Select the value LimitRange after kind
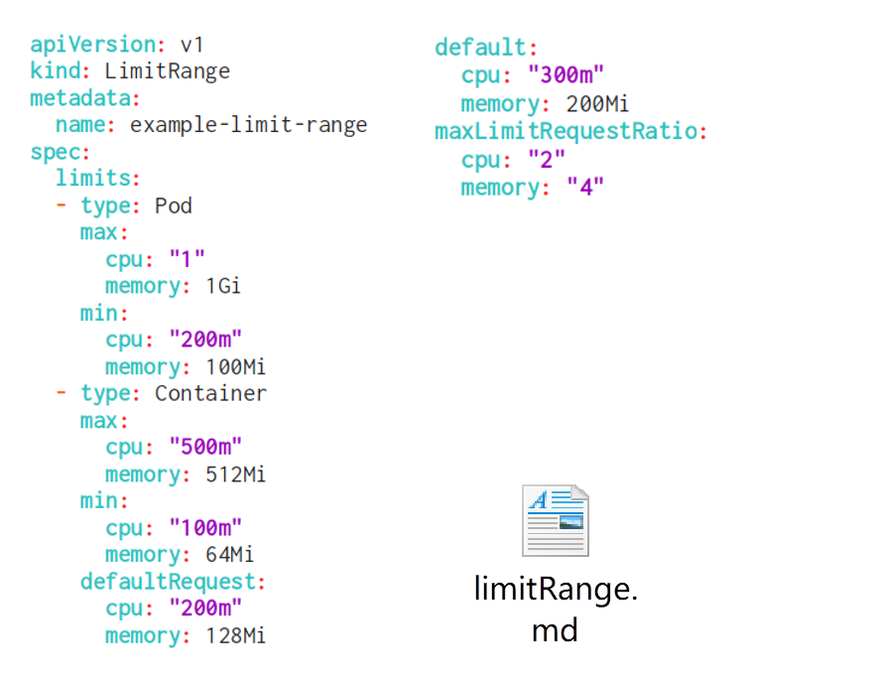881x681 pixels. pyautogui.click(x=167, y=71)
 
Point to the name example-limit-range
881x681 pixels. pyautogui.click(x=248, y=125)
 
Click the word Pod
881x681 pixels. pyautogui.click(x=174, y=206)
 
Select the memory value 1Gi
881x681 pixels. pyautogui.click(x=223, y=287)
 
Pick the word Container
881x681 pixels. pyautogui.click(x=210, y=394)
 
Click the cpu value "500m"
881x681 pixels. pyautogui.click(x=205, y=447)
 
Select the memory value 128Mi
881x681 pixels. pyautogui.click(x=235, y=635)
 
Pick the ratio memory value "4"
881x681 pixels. pyautogui.click(x=585, y=188)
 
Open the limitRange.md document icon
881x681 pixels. pyautogui.click(x=555, y=521)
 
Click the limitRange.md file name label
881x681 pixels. pyautogui.click(x=555, y=610)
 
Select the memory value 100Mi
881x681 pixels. pyautogui.click(x=235, y=367)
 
